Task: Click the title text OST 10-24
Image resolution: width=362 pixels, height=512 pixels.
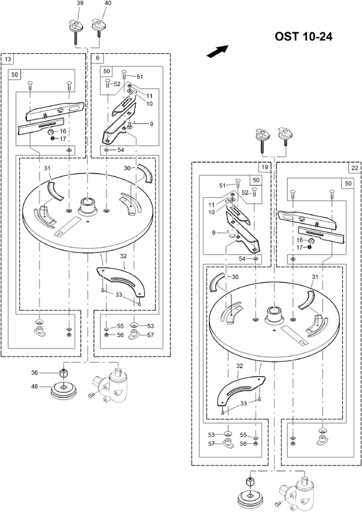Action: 303,36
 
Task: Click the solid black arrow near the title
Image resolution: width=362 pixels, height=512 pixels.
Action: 217,51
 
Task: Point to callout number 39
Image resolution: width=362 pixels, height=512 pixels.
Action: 80,3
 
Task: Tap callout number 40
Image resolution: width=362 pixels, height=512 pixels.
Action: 108,3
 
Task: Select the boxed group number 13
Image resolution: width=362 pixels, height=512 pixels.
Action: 8,59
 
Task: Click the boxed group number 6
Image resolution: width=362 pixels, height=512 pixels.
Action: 98,59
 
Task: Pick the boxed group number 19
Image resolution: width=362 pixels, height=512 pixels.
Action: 264,167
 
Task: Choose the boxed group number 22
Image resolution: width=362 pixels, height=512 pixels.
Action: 354,168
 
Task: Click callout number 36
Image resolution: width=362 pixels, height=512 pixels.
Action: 35,373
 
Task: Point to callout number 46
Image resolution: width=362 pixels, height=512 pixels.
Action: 35,386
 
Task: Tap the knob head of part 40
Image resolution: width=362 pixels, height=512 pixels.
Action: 99,24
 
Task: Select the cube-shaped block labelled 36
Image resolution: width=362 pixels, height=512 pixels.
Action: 63,372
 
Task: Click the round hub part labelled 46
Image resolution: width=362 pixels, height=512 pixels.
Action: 63,390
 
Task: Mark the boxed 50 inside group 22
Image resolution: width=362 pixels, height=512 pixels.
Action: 348,183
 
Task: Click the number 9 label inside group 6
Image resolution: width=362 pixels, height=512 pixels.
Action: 151,124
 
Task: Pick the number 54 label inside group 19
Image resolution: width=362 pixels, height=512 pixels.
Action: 242,258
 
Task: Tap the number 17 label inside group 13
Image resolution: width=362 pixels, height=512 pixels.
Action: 63,139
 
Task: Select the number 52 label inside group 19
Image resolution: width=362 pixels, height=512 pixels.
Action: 245,193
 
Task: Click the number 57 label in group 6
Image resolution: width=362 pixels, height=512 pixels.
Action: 150,335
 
